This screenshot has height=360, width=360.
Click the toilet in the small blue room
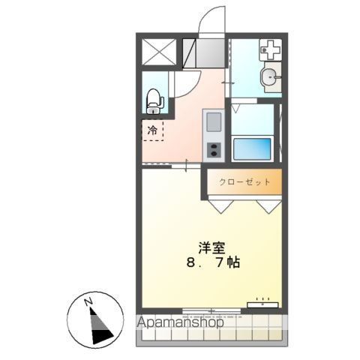[153, 97]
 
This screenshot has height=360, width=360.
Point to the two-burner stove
[212, 147]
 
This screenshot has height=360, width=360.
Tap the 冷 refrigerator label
[153, 131]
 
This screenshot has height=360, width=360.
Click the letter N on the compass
[89, 301]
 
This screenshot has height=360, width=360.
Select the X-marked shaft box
[157, 51]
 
